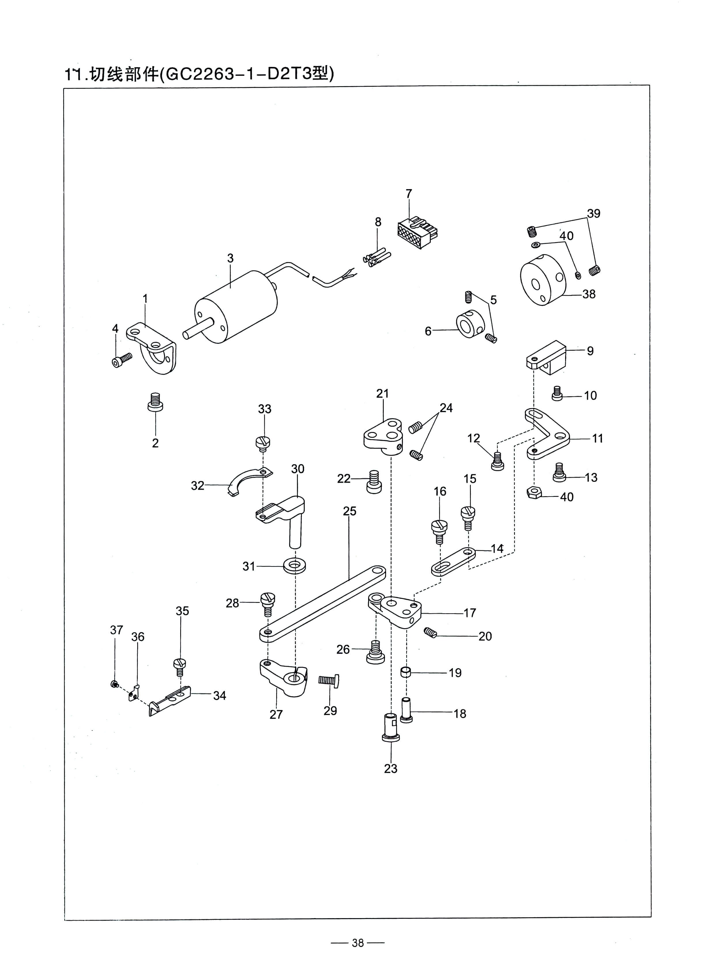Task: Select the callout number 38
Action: click(x=589, y=294)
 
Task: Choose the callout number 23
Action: click(x=390, y=768)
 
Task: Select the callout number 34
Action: click(x=219, y=695)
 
